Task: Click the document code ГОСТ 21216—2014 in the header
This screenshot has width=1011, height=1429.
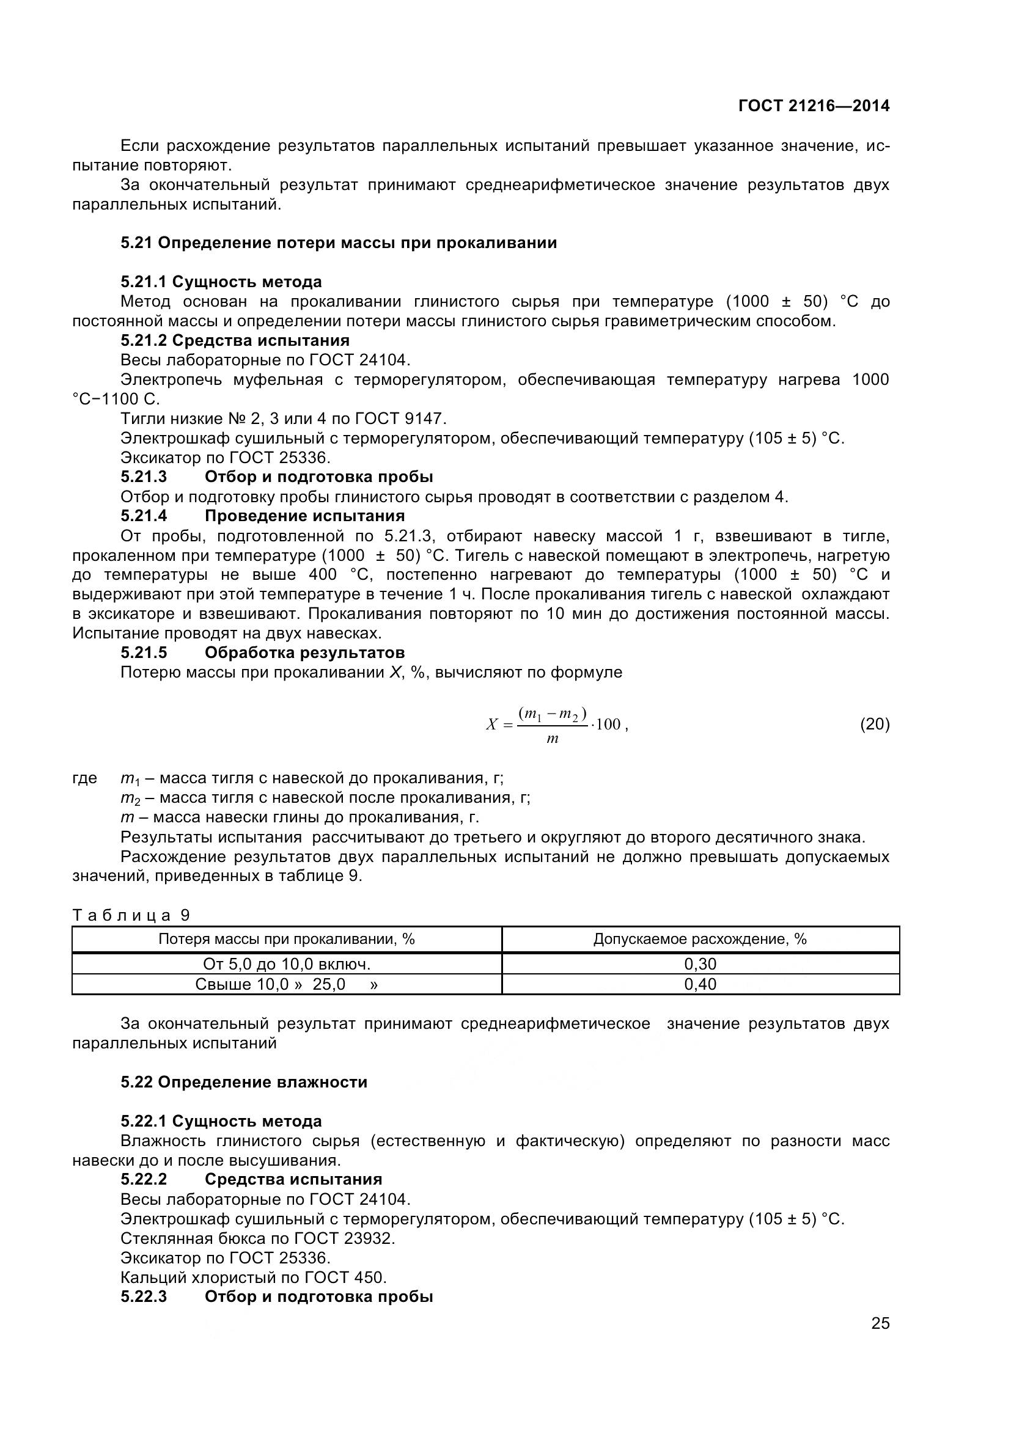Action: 814,106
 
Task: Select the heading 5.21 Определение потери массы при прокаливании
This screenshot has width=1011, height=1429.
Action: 339,243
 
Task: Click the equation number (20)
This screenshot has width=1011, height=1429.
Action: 875,724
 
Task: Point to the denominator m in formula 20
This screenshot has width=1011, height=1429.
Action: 552,739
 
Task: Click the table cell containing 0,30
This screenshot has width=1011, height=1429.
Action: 700,964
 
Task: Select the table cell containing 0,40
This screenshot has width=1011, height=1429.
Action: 700,984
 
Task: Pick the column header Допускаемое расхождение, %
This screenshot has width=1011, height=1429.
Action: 700,939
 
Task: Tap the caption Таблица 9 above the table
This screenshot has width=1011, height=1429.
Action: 131,915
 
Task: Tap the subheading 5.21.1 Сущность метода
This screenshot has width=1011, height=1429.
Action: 221,282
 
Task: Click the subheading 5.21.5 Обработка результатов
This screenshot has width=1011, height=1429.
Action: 263,652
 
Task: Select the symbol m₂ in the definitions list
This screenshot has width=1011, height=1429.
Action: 130,799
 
